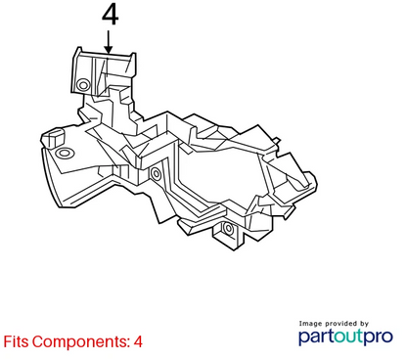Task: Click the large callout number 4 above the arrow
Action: click(x=110, y=15)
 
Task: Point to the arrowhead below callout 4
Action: click(x=109, y=49)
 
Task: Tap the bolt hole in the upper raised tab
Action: click(x=83, y=85)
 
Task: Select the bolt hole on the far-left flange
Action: click(x=65, y=153)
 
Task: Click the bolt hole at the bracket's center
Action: click(x=156, y=173)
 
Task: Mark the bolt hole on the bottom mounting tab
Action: click(x=229, y=228)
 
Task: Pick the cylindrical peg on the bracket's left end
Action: click(x=53, y=138)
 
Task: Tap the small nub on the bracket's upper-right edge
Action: click(x=276, y=141)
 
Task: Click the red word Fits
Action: click(x=16, y=341)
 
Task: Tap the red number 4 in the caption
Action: click(x=138, y=341)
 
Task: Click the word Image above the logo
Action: click(x=310, y=324)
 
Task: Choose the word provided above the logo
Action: click(x=341, y=324)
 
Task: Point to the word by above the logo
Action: click(x=364, y=324)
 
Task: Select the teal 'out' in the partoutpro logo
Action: click(x=348, y=337)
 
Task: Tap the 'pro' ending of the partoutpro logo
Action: click(x=378, y=337)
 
